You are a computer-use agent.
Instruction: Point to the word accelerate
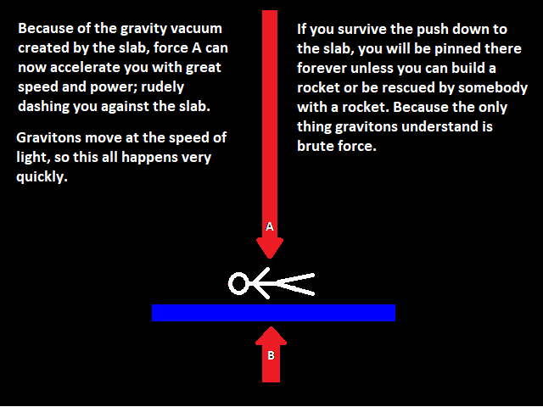tap(86, 68)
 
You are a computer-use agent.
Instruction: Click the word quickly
tap(42, 177)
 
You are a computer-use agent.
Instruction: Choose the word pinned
tap(457, 48)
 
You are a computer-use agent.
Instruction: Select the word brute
tap(316, 146)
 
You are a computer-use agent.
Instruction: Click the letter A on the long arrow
tap(270, 226)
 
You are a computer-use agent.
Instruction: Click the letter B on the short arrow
tap(271, 355)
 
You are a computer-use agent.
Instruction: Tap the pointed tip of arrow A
tap(270, 258)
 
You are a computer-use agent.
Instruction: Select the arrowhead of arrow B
tap(271, 336)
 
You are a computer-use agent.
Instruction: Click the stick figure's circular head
tap(238, 284)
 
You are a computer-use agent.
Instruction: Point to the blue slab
tap(273, 313)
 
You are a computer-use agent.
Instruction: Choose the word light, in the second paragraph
tap(33, 158)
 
